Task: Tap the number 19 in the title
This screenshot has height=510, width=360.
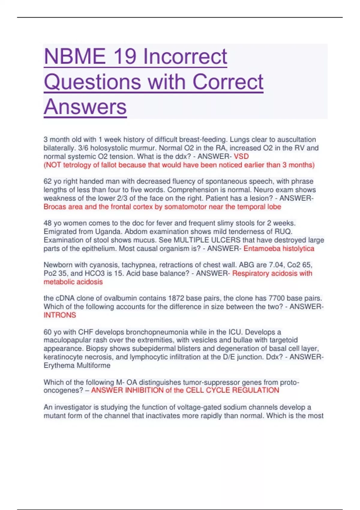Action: [x=124, y=56]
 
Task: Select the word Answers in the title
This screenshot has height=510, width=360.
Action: [x=85, y=107]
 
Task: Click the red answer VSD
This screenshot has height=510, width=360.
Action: [x=241, y=156]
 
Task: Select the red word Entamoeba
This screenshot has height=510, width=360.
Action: [x=262, y=248]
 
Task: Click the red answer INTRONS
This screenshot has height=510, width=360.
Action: [x=60, y=315]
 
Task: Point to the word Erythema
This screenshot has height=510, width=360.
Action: [x=59, y=365]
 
